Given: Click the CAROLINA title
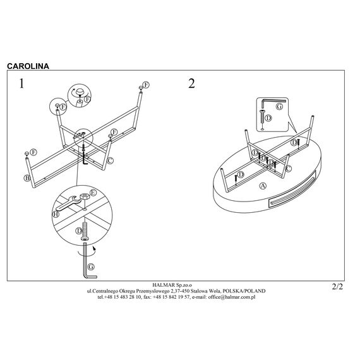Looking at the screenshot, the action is point(28,66).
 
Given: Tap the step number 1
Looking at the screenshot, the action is point(21,83).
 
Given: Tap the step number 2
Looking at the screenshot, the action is point(191,83).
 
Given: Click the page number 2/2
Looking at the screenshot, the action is point(337,287).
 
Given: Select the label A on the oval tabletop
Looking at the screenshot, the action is point(263,186).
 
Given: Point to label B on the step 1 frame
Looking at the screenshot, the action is point(27,178).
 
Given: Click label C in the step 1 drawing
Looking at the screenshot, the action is point(110,160).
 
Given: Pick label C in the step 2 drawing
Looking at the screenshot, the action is point(288,169).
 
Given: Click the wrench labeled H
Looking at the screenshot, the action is point(68,203).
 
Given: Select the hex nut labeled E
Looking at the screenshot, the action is point(84,196).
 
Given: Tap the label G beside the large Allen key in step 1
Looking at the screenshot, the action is point(91,267).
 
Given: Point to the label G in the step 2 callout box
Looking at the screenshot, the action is point(279,107).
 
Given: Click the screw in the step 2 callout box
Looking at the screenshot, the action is point(263,119).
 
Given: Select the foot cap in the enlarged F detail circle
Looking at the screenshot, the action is point(80,92).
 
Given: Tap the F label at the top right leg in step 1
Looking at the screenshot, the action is point(146,85).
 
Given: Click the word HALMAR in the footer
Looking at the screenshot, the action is point(164,285).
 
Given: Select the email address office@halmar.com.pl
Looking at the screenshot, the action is point(232,297).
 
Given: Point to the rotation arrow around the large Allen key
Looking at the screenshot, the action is point(87,253).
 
